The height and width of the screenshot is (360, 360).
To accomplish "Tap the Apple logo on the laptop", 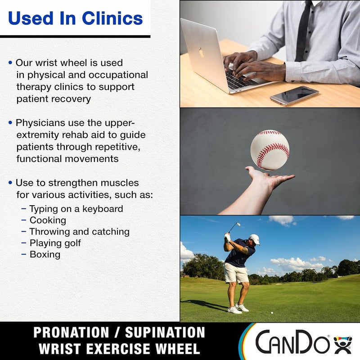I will pyautogui.click(x=201, y=53).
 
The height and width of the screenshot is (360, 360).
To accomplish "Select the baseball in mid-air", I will pyautogui.click(x=270, y=149).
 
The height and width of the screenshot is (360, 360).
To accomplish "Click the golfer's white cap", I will pyautogui.click(x=255, y=238).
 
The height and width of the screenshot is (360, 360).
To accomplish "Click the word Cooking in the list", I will pyautogui.click(x=48, y=220).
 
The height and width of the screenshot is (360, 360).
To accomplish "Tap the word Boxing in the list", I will pyautogui.click(x=45, y=254).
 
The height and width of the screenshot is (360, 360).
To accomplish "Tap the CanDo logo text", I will pyautogui.click(x=292, y=342).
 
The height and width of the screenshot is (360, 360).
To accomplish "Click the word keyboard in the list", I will pyautogui.click(x=102, y=209).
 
